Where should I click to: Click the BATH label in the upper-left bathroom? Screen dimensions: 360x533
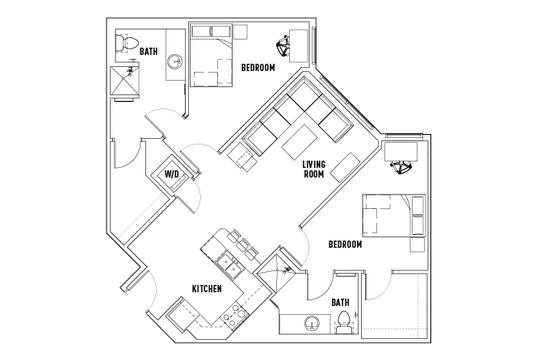(x=149, y=52)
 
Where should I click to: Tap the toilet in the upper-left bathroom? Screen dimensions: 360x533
(x=128, y=45)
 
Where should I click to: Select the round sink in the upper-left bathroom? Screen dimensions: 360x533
(x=174, y=61)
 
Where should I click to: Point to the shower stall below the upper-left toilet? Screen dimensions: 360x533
(x=125, y=82)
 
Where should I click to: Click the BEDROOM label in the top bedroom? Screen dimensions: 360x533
(x=258, y=68)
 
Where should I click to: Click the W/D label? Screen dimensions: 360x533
(x=172, y=174)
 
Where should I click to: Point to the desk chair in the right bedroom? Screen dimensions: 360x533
(x=401, y=167)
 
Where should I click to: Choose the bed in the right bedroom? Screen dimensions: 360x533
(x=393, y=215)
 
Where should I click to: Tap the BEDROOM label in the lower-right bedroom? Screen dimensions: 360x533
(x=345, y=244)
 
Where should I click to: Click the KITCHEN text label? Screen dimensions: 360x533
(x=208, y=288)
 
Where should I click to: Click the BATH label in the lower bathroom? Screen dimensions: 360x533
(x=341, y=303)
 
